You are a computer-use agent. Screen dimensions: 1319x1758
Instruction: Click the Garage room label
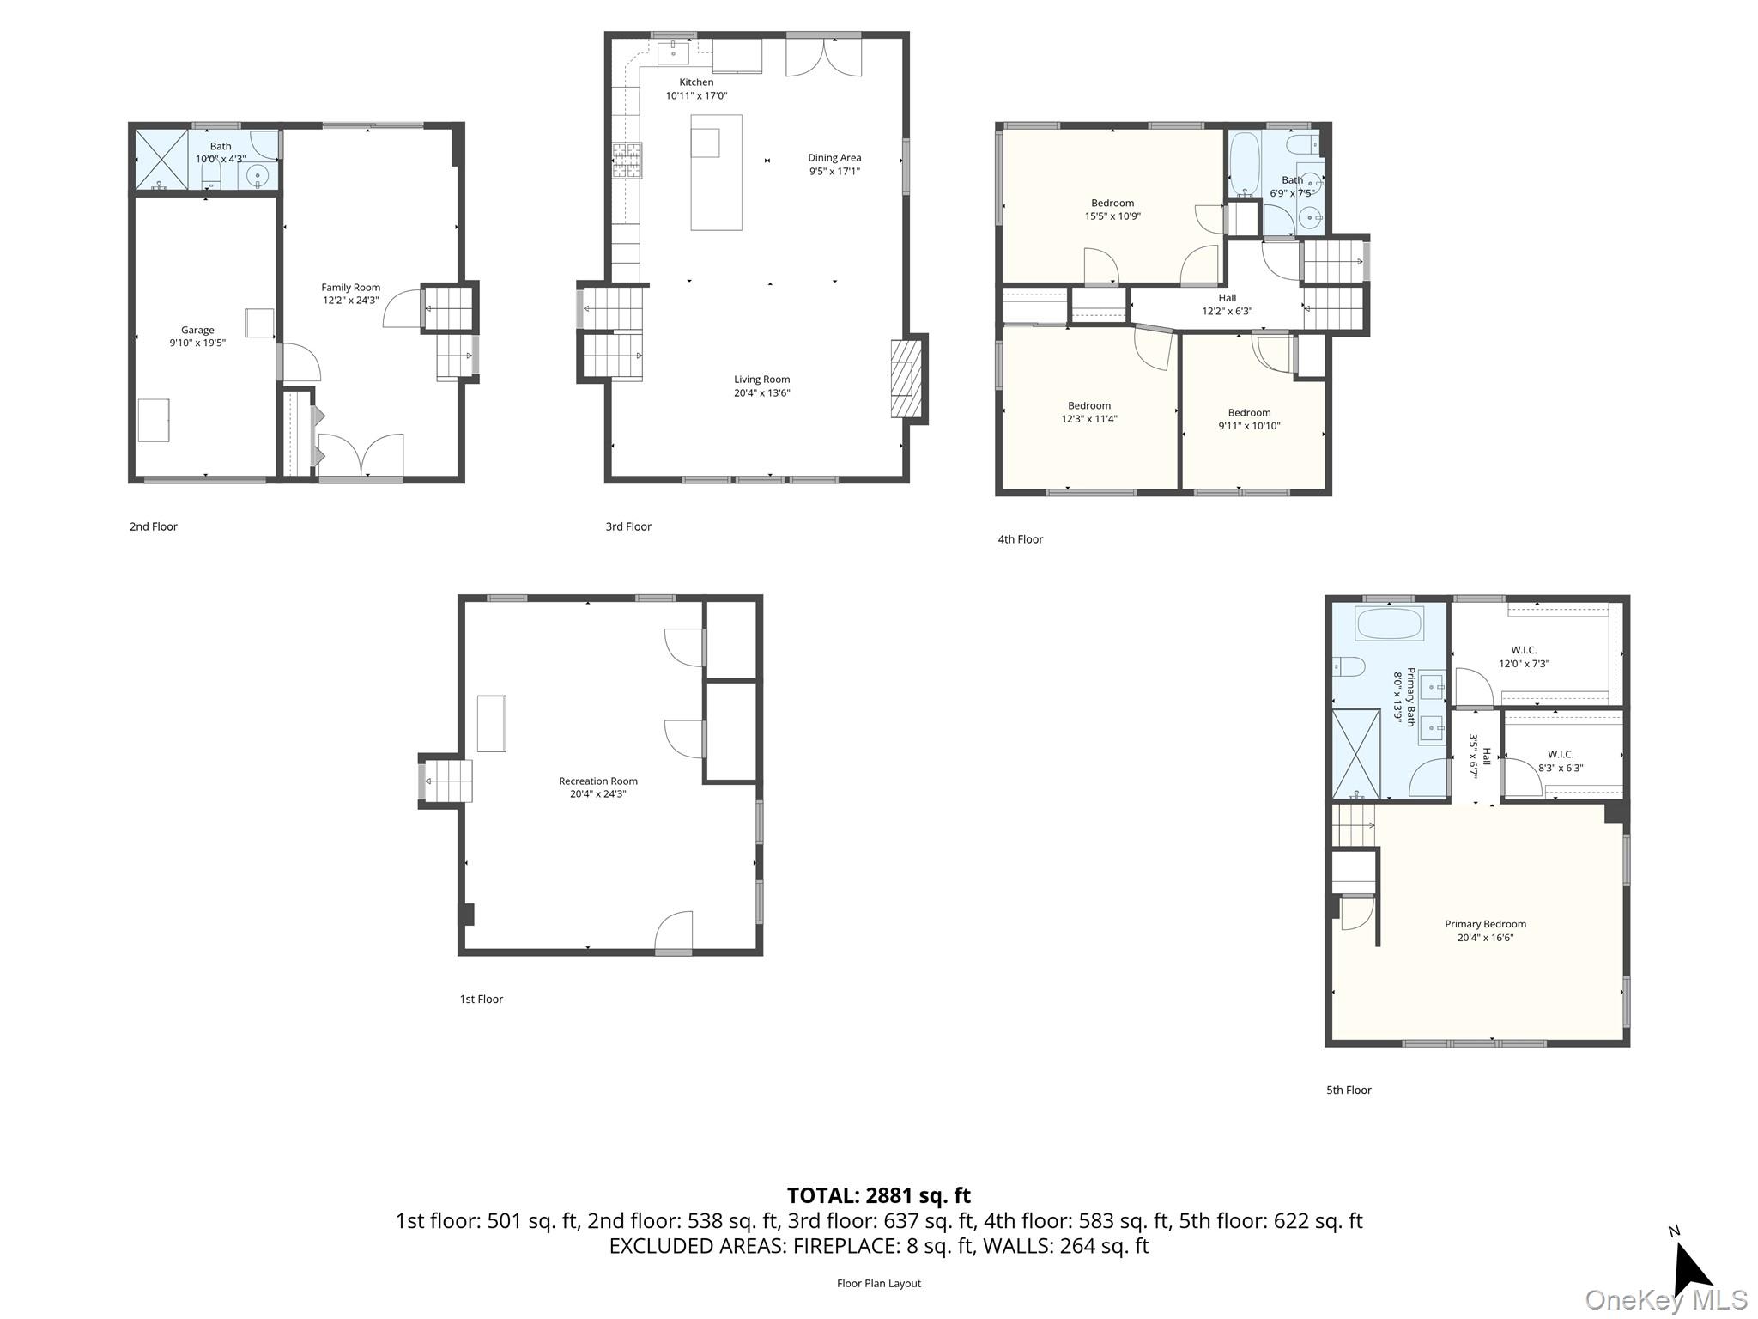197,330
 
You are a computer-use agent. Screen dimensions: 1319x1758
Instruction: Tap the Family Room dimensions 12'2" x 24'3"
350,301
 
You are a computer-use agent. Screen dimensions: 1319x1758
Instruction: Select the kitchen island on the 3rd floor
716,173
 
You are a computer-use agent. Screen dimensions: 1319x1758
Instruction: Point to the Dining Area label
834,158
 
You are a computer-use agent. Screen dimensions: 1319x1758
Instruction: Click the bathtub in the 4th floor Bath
1242,163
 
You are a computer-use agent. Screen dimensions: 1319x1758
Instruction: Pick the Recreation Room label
597,781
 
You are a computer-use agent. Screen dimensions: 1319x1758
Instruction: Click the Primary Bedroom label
1485,925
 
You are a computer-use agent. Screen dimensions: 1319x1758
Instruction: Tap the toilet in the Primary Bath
1349,666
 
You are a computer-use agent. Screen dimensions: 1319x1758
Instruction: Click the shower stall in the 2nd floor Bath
161,159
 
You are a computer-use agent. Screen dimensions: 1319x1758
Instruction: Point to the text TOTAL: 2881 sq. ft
878,1195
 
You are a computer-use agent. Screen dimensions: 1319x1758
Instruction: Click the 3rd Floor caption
628,526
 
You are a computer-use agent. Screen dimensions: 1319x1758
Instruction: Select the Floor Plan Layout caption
878,1283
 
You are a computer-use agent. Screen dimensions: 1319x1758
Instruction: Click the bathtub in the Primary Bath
1390,623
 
